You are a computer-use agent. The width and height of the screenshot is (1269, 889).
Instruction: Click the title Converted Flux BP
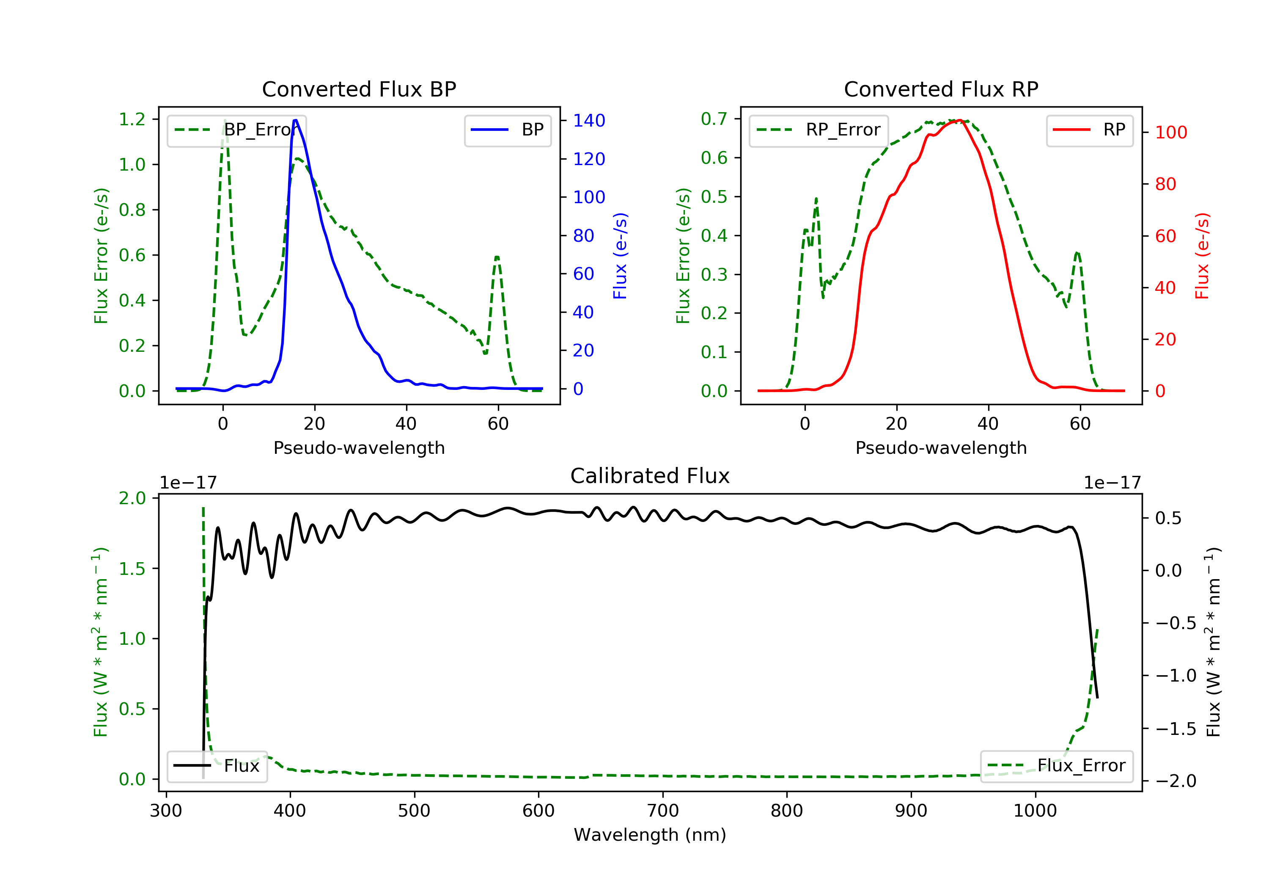pyautogui.click(x=359, y=89)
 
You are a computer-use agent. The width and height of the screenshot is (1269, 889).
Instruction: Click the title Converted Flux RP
pyautogui.click(x=941, y=89)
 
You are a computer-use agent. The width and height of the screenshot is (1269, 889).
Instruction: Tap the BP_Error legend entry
pyautogui.click(x=236, y=130)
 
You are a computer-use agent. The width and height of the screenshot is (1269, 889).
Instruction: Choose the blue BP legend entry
pyautogui.click(x=507, y=130)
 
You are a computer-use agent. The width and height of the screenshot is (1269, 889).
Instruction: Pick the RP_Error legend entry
pyautogui.click(x=818, y=130)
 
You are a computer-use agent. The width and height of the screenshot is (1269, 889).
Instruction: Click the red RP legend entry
pyautogui.click(x=1089, y=130)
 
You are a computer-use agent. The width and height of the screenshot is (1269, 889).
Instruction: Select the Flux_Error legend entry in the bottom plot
pyautogui.click(x=1056, y=766)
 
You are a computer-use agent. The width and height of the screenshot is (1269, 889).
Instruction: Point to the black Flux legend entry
pyautogui.click(x=217, y=766)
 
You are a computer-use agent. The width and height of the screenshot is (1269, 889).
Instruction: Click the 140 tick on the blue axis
pyautogui.click(x=589, y=121)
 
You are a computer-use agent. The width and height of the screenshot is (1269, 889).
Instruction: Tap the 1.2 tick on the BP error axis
pyautogui.click(x=132, y=119)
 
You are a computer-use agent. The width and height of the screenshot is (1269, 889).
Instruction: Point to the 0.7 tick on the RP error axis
pyautogui.click(x=714, y=119)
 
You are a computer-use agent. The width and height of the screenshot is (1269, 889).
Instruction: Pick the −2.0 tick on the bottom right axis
pyautogui.click(x=1175, y=781)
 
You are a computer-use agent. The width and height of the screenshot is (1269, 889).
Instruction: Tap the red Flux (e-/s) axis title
pyautogui.click(x=1202, y=256)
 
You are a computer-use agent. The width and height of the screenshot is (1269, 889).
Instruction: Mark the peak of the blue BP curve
pyautogui.click(x=296, y=120)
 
